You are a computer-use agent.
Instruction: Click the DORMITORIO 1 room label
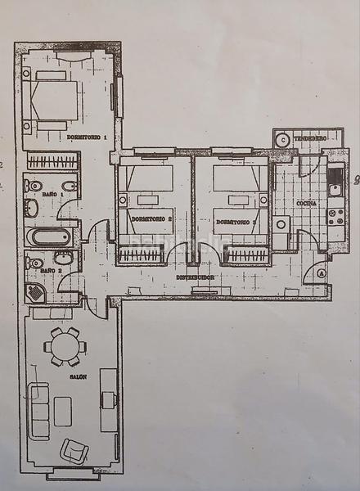88,137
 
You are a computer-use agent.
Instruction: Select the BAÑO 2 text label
52,270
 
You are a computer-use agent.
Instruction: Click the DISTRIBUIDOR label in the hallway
196,277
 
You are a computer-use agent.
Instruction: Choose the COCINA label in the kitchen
307,202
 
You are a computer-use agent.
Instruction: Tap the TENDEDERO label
311,139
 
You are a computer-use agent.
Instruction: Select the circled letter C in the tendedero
282,140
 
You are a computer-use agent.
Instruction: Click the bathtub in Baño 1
49,237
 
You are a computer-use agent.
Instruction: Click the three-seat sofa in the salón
39,409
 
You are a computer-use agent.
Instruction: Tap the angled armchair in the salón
75,450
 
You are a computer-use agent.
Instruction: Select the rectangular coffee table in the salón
63,411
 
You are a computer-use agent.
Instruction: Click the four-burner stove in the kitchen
335,217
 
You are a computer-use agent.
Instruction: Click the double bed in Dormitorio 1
52,101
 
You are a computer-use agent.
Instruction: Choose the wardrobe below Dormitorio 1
52,161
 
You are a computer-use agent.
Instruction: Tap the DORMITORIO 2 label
151,220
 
